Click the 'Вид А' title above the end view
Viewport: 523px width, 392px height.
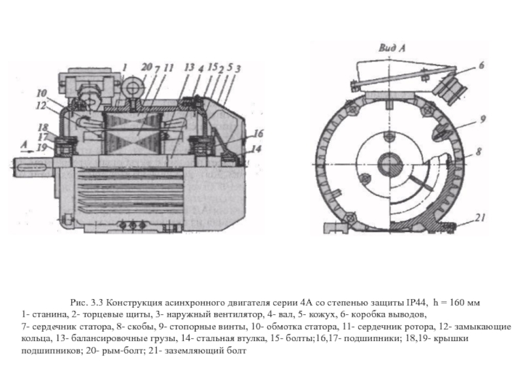pyautogui.click(x=392, y=48)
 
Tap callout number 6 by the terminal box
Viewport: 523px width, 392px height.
pyautogui.click(x=481, y=65)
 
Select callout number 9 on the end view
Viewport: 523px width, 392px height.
pyautogui.click(x=482, y=119)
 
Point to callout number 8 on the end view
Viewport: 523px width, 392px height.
pyautogui.click(x=479, y=152)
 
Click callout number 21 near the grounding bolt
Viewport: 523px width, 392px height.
pyautogui.click(x=480, y=218)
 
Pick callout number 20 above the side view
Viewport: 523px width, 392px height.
pyautogui.click(x=146, y=67)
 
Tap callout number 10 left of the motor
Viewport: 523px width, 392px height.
pyautogui.click(x=41, y=93)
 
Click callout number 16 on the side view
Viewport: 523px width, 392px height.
pyautogui.click(x=258, y=133)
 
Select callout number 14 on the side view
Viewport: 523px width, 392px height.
pyautogui.click(x=256, y=148)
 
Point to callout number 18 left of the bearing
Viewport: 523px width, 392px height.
pyautogui.click(x=42, y=127)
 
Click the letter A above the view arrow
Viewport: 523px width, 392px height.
pyautogui.click(x=24, y=144)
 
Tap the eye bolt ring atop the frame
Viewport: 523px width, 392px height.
pyautogui.click(x=133, y=88)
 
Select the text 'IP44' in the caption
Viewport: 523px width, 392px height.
pyautogui.click(x=416, y=302)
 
